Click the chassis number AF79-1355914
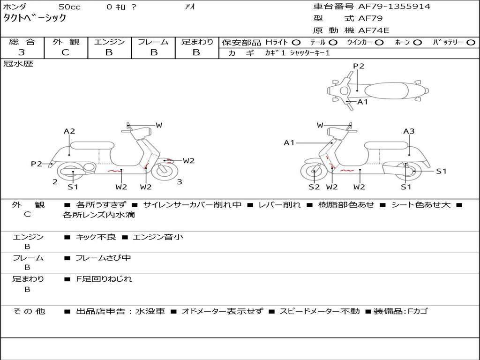(x=394, y=7)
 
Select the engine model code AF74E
(x=374, y=30)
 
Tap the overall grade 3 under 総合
(x=22, y=52)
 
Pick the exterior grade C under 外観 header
(x=65, y=52)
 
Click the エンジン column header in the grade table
(x=109, y=42)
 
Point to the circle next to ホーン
(x=417, y=43)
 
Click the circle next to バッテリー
(x=471, y=43)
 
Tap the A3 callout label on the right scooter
(x=409, y=131)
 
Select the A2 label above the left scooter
(x=69, y=131)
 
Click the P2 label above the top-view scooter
(x=359, y=66)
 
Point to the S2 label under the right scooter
(x=314, y=187)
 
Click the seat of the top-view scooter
(x=386, y=90)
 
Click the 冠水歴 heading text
(x=18, y=64)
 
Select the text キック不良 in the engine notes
(x=96, y=237)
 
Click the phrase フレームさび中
(x=103, y=258)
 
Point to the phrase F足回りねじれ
(x=104, y=279)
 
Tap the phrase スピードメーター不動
(x=320, y=311)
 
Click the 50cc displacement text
(x=69, y=7)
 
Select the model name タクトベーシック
(x=35, y=18)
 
